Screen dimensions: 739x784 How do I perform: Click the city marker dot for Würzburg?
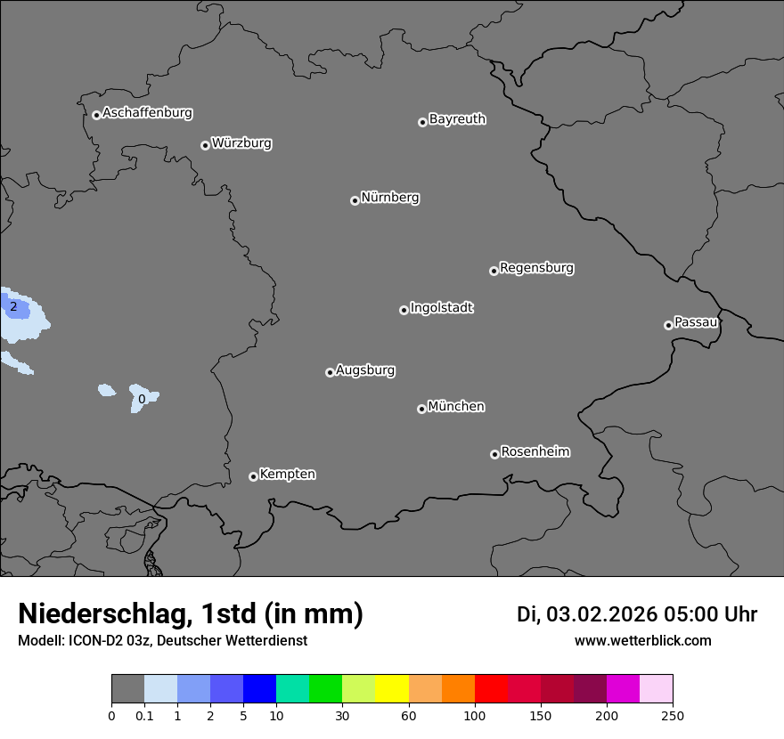coord(205,145)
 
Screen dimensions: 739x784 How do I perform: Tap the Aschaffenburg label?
coord(147,113)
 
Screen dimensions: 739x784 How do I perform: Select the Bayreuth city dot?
coord(422,122)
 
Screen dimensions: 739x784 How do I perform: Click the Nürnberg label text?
coord(389,198)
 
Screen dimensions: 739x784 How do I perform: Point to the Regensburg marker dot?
coord(494,271)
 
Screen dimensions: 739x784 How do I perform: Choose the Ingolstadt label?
coord(441,308)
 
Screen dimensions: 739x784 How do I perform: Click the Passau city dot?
coord(668,325)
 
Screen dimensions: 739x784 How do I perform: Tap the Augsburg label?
coord(365,370)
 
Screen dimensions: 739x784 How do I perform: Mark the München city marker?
coord(421,410)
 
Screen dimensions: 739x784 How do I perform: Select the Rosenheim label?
coord(535,452)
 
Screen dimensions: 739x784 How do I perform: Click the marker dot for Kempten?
coord(253,476)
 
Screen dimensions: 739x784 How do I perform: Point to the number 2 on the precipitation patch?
coord(13,307)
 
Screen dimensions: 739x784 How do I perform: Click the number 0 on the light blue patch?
coord(141,400)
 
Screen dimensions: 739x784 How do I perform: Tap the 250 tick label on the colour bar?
coord(673,715)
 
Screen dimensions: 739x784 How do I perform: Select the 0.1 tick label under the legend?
coord(144,715)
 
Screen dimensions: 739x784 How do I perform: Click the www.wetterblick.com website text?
coord(642,641)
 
